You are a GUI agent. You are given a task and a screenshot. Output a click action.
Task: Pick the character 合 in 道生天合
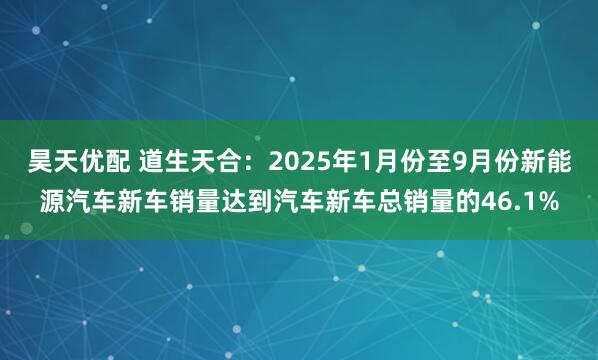click(221, 161)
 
